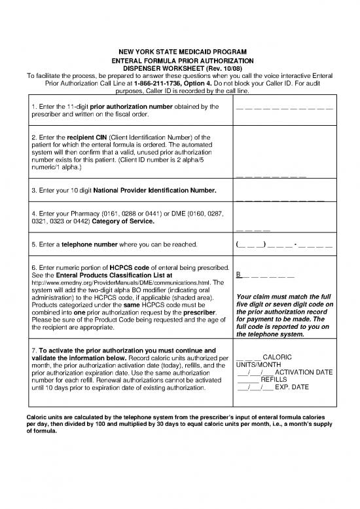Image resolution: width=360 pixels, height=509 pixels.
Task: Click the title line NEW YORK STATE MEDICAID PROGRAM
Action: [179, 51]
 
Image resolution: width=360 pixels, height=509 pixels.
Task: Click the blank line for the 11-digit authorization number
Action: [284, 107]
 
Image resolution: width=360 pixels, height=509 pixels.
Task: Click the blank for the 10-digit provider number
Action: [280, 199]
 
